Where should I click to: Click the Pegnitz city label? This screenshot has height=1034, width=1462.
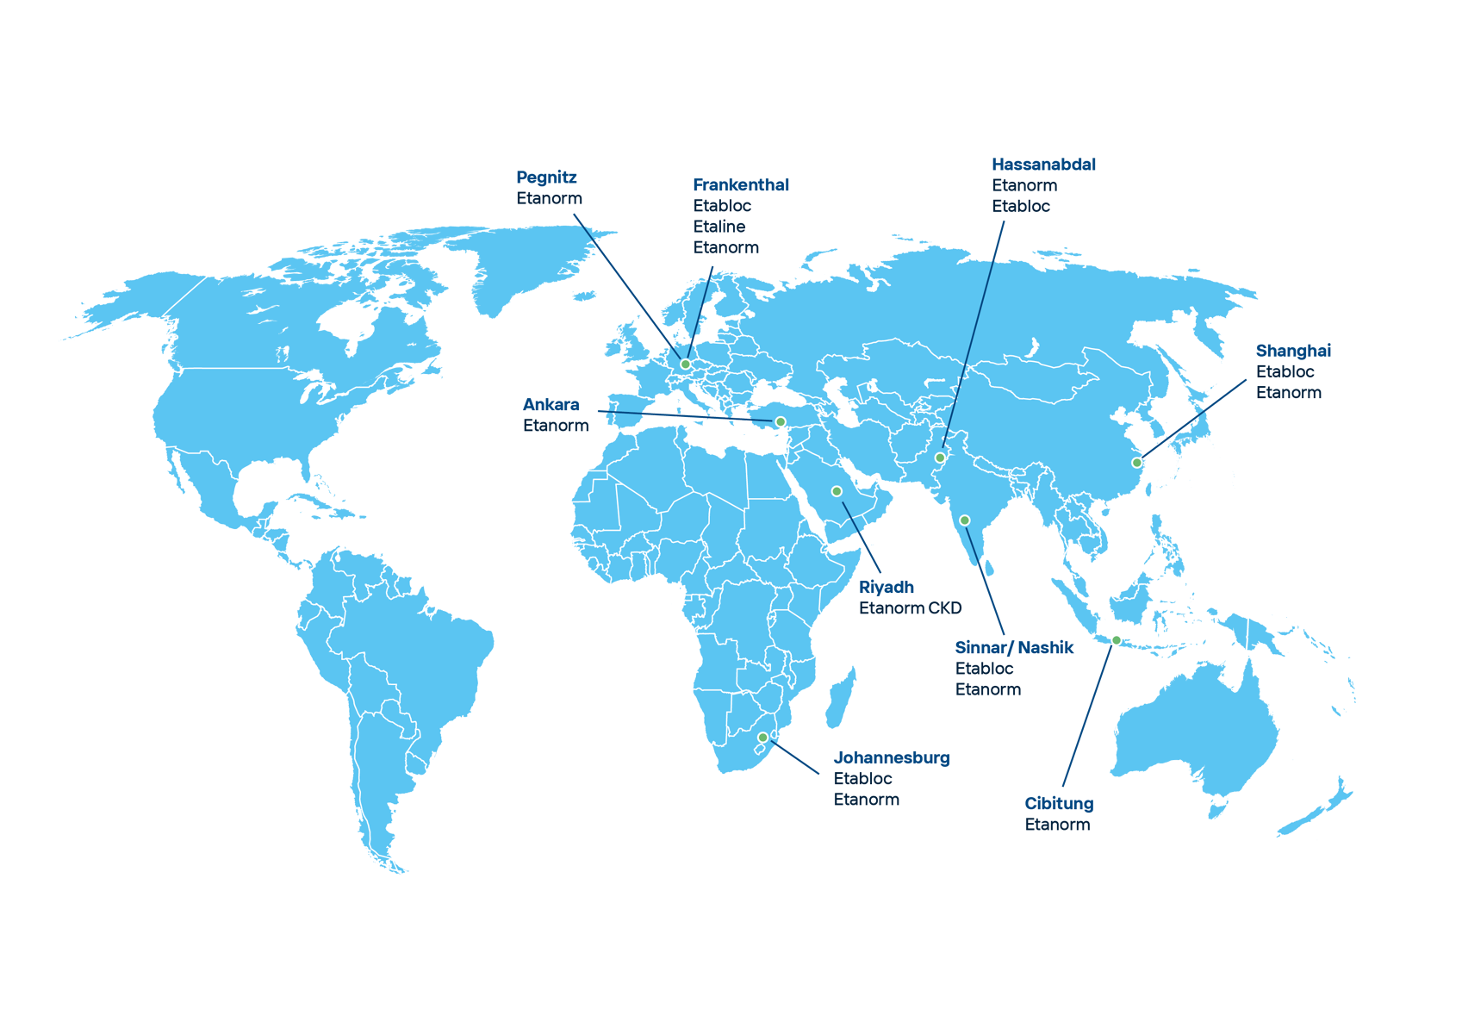(x=546, y=178)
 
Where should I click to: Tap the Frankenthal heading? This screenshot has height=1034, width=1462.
(x=741, y=184)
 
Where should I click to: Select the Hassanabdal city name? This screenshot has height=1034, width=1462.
(x=1043, y=164)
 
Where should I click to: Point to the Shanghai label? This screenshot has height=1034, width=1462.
(x=1293, y=350)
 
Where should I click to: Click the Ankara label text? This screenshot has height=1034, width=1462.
(x=551, y=404)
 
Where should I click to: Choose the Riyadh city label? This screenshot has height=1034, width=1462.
(x=886, y=587)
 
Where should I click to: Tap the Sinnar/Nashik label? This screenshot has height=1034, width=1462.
(x=1014, y=647)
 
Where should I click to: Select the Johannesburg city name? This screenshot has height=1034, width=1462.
(x=892, y=758)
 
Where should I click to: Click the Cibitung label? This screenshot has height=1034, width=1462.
(x=1059, y=803)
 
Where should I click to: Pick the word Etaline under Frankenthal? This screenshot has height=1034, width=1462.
(x=719, y=226)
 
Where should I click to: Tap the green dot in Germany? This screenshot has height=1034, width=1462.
(x=685, y=364)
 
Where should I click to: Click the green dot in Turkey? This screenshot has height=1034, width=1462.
(x=780, y=421)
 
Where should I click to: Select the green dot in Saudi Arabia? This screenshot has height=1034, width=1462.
(x=836, y=491)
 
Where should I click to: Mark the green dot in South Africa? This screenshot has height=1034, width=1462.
(x=762, y=738)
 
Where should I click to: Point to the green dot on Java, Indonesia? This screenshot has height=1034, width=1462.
(x=1116, y=640)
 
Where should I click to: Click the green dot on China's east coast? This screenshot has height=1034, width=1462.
(x=1136, y=463)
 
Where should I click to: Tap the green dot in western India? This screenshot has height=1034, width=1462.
(x=964, y=520)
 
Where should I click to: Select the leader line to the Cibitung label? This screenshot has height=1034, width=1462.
(x=1087, y=715)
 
